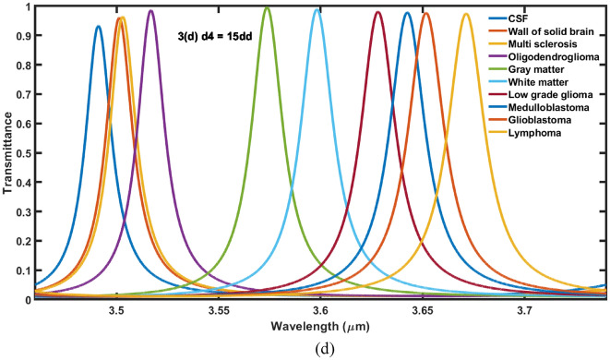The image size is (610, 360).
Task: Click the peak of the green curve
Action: point(267,7)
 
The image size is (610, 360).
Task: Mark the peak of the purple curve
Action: point(151,10)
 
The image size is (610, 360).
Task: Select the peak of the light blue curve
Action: point(317,9)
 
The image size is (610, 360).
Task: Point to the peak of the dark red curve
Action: point(377,12)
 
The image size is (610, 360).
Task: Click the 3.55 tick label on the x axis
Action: point(219,312)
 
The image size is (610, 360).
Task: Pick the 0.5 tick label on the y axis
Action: point(18,153)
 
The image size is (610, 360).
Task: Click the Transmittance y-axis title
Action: point(7,153)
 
